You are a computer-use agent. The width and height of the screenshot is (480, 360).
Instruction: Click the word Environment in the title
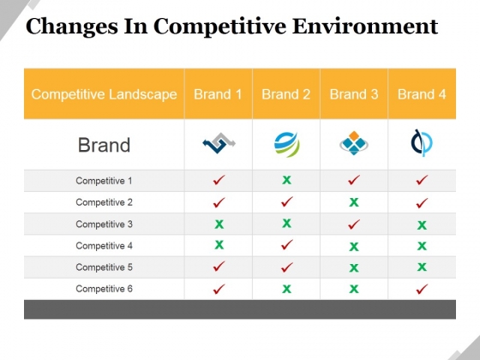pyautogui.click(x=365, y=26)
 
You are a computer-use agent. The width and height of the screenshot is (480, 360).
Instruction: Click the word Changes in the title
pyautogui.click(x=72, y=27)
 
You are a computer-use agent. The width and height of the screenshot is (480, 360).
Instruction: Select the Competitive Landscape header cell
pyautogui.click(x=104, y=94)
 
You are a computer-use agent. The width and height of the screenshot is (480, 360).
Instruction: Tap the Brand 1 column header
pyautogui.click(x=218, y=94)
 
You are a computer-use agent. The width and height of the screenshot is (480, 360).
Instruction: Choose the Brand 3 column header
pyautogui.click(x=354, y=94)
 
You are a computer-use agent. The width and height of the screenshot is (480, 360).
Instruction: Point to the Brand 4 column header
pyautogui.click(x=422, y=94)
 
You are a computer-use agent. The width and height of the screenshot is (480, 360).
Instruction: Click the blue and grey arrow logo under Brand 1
pyautogui.click(x=219, y=143)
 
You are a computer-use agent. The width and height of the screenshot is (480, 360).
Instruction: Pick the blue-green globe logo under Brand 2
pyautogui.click(x=286, y=144)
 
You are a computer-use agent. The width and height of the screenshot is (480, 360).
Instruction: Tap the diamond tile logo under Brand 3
pyautogui.click(x=354, y=143)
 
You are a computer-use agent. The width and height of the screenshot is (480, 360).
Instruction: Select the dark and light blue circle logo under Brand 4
pyautogui.click(x=421, y=143)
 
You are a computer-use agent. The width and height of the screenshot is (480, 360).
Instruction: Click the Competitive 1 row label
pyautogui.click(x=104, y=181)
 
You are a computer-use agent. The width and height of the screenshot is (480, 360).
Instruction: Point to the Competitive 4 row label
pyautogui.click(x=104, y=245)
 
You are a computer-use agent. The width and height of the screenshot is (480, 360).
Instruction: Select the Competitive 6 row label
pyautogui.click(x=104, y=289)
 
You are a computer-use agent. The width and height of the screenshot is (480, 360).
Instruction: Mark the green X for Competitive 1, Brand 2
pyautogui.click(x=286, y=180)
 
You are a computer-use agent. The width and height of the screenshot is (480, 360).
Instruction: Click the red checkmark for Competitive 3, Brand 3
pyautogui.click(x=354, y=224)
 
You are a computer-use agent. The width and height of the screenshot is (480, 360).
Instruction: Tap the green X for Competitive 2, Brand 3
pyautogui.click(x=354, y=202)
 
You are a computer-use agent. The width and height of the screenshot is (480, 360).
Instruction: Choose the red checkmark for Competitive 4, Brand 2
pyautogui.click(x=286, y=244)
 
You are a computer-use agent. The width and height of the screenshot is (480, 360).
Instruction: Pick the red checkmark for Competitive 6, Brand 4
pyautogui.click(x=422, y=289)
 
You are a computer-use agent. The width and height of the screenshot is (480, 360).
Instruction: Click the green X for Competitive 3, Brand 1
pyautogui.click(x=219, y=225)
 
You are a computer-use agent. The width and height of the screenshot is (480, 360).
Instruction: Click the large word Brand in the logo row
pyautogui.click(x=104, y=145)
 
